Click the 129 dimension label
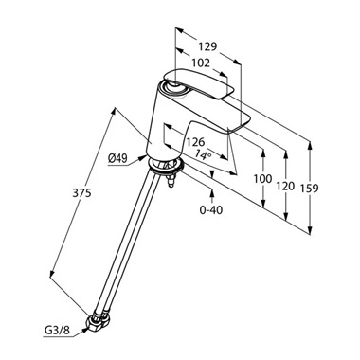coord(207,46)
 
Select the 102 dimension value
coord(201,63)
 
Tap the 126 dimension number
coord(195,142)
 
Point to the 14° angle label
coord(203,154)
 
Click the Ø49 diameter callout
coord(117,159)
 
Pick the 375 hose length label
coord(81,192)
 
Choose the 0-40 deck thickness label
coord(211,209)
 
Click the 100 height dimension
coord(262,179)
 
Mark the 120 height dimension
coord(285,186)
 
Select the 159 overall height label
coord(309,189)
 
